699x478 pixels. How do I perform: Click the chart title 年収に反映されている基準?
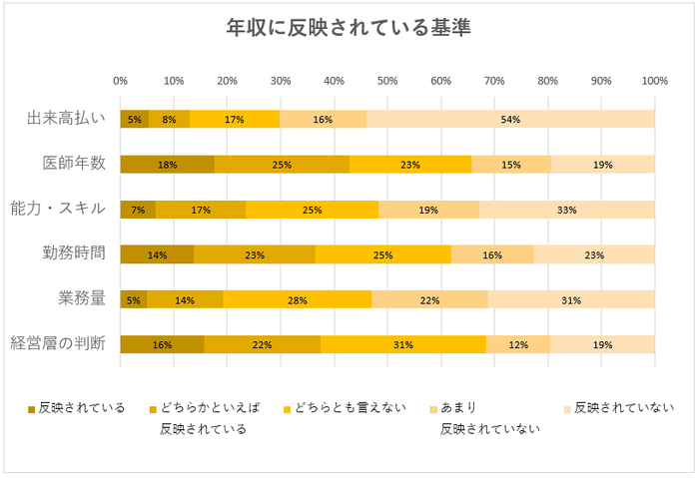click(349, 28)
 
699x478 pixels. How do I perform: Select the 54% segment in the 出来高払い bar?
click(510, 119)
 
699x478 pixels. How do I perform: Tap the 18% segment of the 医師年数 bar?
click(167, 165)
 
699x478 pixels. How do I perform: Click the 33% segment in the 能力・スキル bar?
click(567, 210)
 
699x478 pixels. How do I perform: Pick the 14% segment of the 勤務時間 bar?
click(157, 254)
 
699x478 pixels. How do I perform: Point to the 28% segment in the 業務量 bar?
click(297, 299)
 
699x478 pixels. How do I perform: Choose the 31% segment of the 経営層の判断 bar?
click(402, 344)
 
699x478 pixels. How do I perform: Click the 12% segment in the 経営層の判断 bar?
click(517, 344)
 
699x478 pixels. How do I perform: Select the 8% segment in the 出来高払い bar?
click(169, 119)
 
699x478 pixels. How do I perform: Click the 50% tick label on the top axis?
click(387, 81)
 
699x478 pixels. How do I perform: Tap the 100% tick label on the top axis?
click(654, 81)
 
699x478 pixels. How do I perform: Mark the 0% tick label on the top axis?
click(120, 81)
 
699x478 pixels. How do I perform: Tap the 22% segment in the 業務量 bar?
click(429, 299)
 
